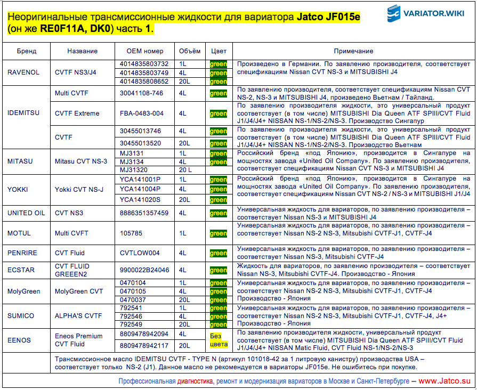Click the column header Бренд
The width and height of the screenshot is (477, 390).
pos(26,51)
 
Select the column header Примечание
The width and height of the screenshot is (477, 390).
pos(353,51)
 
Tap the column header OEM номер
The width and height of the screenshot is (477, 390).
pos(145,51)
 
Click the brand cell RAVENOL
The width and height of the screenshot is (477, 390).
pos(23,72)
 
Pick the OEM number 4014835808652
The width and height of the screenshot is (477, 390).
pos(144,82)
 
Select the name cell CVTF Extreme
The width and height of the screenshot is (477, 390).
pos(77,113)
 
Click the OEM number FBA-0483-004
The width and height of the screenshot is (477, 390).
pos(142,113)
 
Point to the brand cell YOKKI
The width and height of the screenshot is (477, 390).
pos(18,190)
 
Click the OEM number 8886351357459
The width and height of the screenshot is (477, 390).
pos(144,213)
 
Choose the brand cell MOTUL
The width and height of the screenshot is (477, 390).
pos(19,233)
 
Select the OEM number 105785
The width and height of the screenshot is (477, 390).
pos(131,233)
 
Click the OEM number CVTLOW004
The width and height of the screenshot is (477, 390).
pos(140,253)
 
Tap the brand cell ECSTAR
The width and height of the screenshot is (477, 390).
pos(21,270)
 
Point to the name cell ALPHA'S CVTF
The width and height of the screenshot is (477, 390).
pos(78,316)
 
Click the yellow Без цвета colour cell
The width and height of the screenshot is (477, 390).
pos(219,339)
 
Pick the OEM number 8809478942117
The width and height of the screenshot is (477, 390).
pos(144,345)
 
